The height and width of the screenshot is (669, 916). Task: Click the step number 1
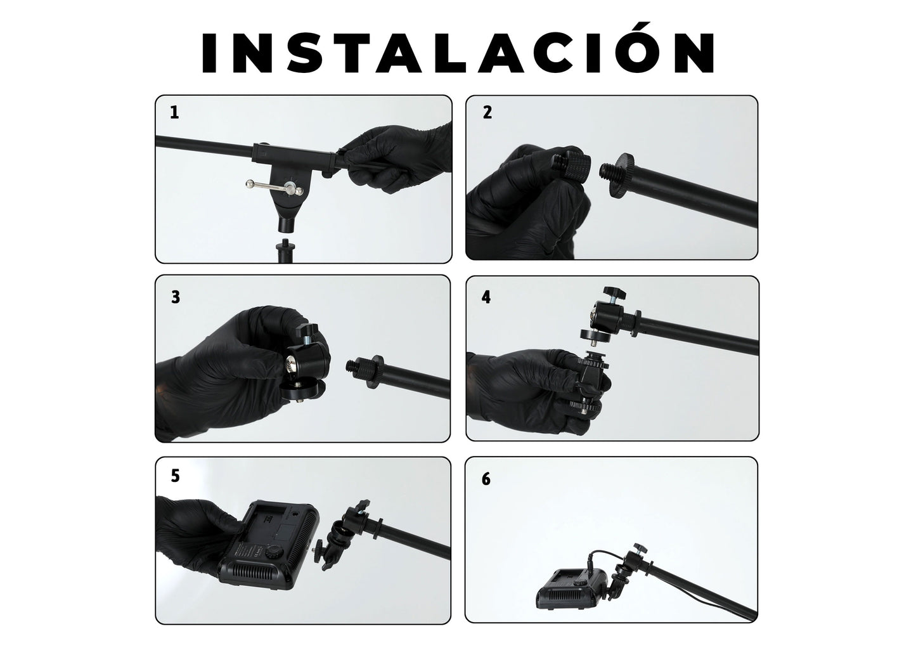point(174,112)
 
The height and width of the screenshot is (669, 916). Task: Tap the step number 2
point(487,112)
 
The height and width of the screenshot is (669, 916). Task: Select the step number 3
point(176,297)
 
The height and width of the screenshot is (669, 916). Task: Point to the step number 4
point(486,297)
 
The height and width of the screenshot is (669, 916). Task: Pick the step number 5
point(176,476)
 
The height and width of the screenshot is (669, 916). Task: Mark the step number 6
point(486,479)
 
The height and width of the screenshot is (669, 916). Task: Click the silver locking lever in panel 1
point(274,188)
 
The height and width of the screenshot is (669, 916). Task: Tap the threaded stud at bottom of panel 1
point(283,250)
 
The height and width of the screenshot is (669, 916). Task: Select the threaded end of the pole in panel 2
point(609,172)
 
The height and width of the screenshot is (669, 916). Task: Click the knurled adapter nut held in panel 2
point(572,165)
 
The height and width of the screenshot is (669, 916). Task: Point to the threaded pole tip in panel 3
point(355,365)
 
